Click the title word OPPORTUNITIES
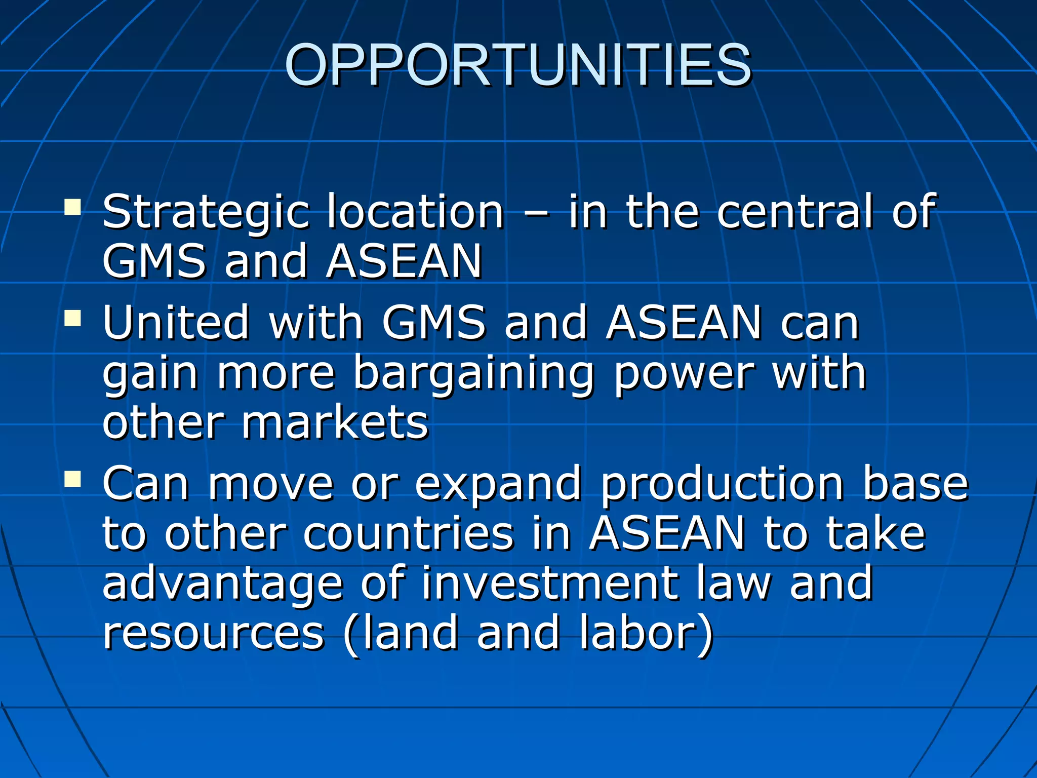point(517,65)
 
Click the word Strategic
point(205,213)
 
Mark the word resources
point(213,633)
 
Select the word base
point(915,484)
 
